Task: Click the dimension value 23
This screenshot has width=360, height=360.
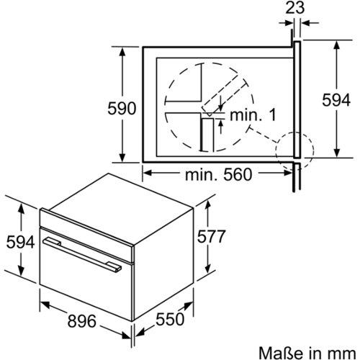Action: (295, 8)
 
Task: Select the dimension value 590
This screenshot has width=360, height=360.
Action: (122, 109)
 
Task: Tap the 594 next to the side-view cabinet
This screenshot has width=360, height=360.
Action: (336, 100)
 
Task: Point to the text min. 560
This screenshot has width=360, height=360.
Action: (218, 174)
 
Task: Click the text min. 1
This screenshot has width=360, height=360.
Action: (253, 115)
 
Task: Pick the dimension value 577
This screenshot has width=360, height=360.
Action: (211, 236)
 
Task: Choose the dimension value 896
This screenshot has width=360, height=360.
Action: (81, 321)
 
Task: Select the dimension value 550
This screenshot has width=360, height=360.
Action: (170, 319)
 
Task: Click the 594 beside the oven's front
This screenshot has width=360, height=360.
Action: (20, 242)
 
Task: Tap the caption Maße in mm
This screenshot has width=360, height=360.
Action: (307, 353)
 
